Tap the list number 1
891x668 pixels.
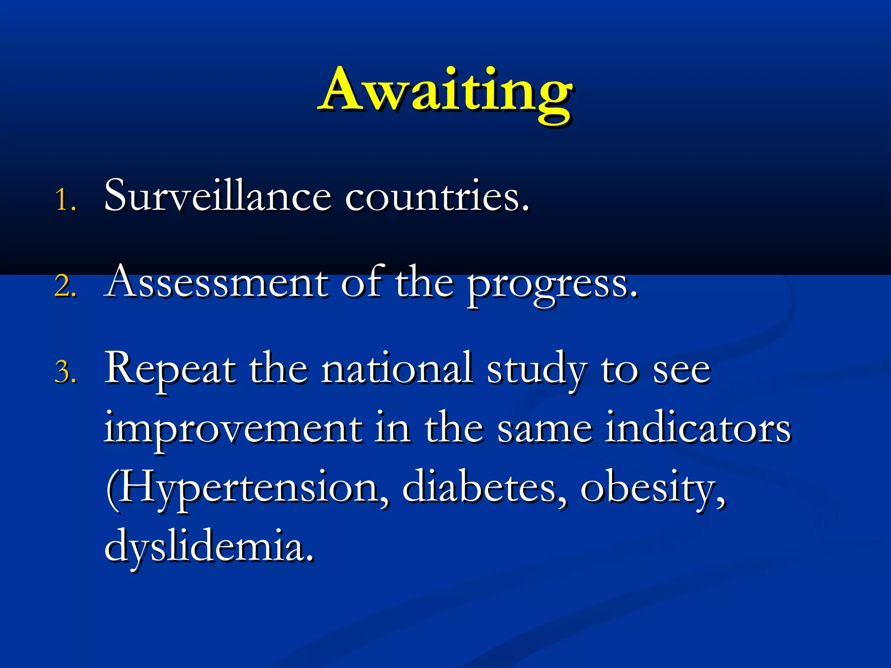(x=66, y=200)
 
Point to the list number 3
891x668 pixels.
(x=66, y=373)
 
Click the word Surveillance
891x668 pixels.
(x=218, y=196)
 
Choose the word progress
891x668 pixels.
(x=553, y=285)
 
